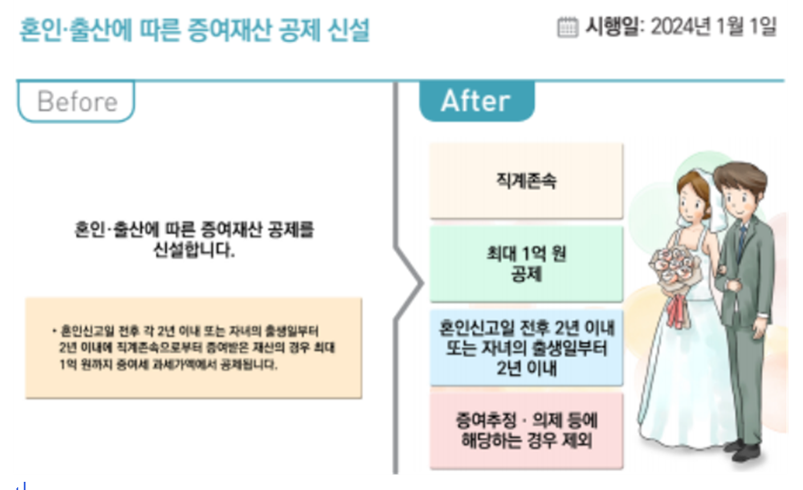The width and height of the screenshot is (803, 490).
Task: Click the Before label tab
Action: pyautogui.click(x=77, y=101)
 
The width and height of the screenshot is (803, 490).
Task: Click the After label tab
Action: pyautogui.click(x=475, y=101)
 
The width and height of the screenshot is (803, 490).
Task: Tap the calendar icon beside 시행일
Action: pyautogui.click(x=568, y=27)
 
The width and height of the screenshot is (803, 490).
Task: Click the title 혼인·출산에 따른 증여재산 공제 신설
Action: pyautogui.click(x=194, y=30)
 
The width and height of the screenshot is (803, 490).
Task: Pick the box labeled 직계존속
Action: pyautogui.click(x=526, y=182)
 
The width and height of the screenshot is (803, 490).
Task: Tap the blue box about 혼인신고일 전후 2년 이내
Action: pyautogui.click(x=526, y=348)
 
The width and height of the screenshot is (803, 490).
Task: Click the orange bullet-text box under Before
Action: pyautogui.click(x=193, y=348)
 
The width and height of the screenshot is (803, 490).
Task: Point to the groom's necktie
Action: pyautogui.click(x=742, y=240)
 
